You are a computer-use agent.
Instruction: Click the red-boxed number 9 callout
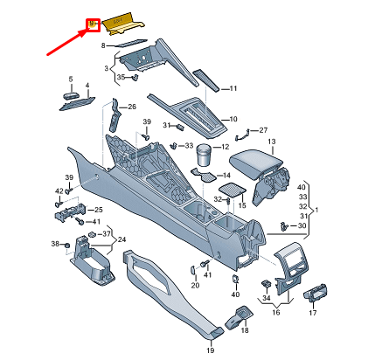pos(90,24)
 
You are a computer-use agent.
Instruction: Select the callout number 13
pos(271,142)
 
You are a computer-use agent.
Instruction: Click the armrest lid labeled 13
pos(253,163)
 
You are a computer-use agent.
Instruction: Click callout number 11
pos(233,88)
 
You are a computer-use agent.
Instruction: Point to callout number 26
pos(132,107)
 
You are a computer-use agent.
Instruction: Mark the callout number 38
pos(54,244)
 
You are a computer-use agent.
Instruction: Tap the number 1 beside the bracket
pos(316,211)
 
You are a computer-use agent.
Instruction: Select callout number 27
pos(264,128)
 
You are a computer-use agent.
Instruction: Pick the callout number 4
pos(87,87)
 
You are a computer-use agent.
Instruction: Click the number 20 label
pos(195,285)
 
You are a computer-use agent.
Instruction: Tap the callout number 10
pos(233,119)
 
